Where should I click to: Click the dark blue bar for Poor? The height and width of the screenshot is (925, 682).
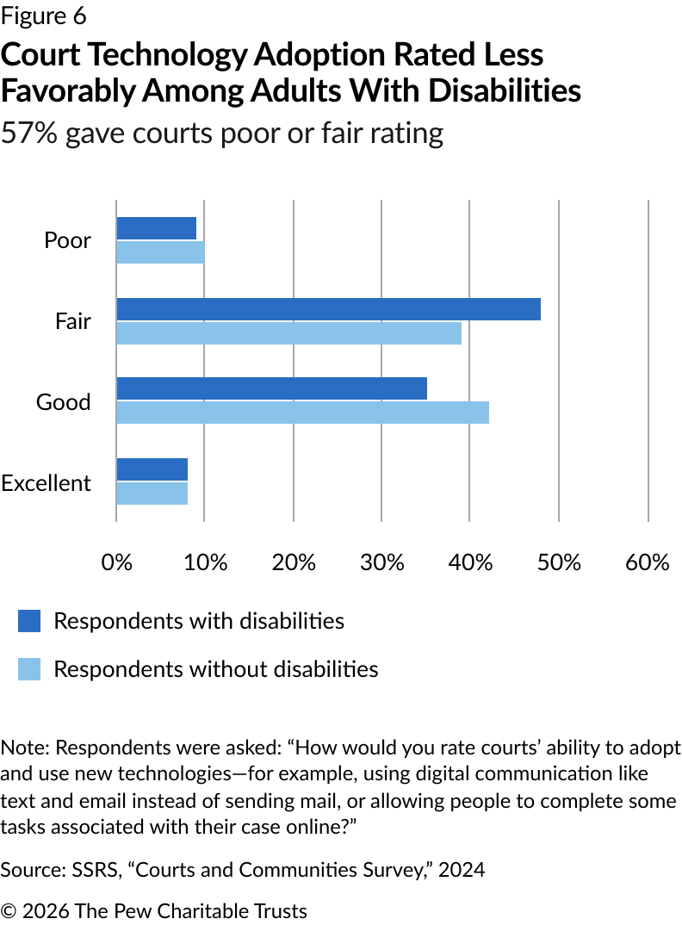[157, 228]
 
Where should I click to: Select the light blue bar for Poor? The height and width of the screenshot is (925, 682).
[160, 252]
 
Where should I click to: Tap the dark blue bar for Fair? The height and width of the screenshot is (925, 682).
[328, 309]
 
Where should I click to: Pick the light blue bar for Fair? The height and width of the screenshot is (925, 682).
[288, 333]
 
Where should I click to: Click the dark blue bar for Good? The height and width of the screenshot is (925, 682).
[271, 388]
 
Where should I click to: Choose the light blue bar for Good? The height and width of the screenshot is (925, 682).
[302, 413]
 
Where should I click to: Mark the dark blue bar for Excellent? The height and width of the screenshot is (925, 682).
[152, 469]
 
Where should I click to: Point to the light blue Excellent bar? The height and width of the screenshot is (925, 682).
[152, 493]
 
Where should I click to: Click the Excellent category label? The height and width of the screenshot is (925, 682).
[46, 483]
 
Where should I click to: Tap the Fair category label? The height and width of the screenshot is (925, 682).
[72, 322]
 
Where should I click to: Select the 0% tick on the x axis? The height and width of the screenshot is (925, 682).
[117, 562]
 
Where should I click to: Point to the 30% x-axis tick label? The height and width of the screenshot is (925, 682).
[382, 562]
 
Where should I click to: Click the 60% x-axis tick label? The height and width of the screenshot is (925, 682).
[648, 562]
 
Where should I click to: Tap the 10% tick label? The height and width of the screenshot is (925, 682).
[206, 562]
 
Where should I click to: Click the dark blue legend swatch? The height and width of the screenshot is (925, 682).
[29, 621]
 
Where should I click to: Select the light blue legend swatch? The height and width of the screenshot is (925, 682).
[29, 669]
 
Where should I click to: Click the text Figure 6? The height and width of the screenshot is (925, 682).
[44, 16]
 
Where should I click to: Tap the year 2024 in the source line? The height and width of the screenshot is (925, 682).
[462, 870]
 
